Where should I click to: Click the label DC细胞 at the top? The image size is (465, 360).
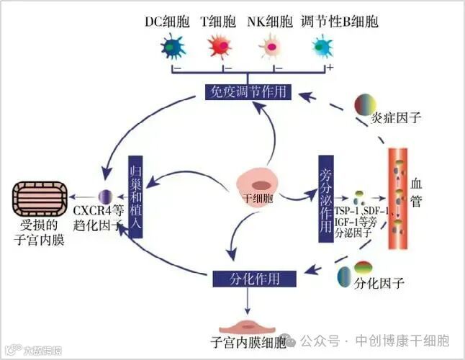click(x=168, y=22)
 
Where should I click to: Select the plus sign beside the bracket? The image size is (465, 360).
click(x=330, y=66)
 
